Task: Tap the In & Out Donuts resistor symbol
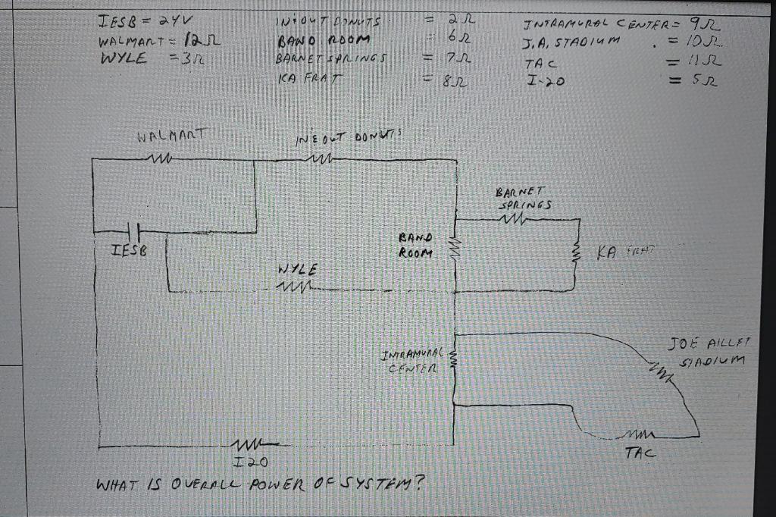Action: [313, 158]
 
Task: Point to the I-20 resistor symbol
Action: [247, 445]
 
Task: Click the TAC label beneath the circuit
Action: [640, 454]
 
